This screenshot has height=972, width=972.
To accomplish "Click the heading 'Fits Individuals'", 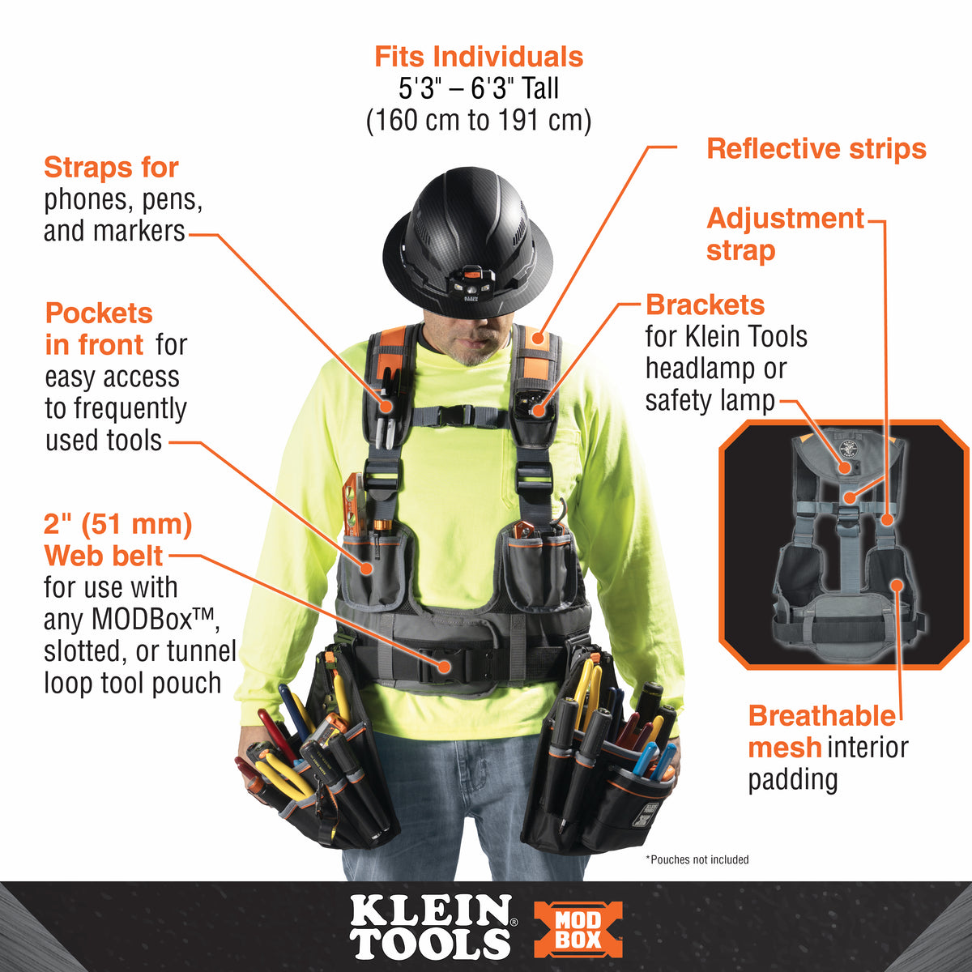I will [x=479, y=57].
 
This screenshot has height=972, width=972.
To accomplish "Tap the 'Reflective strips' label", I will [x=816, y=149].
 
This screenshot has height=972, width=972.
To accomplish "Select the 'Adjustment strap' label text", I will [x=784, y=234].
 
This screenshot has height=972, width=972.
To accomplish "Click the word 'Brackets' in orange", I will [x=705, y=305].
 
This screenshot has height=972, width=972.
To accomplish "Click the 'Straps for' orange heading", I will [x=111, y=168].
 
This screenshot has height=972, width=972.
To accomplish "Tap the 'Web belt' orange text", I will [x=104, y=556].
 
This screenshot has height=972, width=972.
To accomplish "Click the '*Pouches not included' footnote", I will [x=697, y=859].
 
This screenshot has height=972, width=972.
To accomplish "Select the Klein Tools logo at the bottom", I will [x=431, y=927].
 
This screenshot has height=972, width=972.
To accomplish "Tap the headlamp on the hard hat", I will [x=470, y=284].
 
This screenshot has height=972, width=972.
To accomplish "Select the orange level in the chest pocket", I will [x=354, y=506].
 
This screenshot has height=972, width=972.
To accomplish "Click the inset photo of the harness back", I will [x=844, y=545].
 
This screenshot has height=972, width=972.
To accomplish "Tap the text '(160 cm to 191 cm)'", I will [x=479, y=121].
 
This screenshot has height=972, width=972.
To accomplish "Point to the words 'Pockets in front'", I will [x=97, y=329].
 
